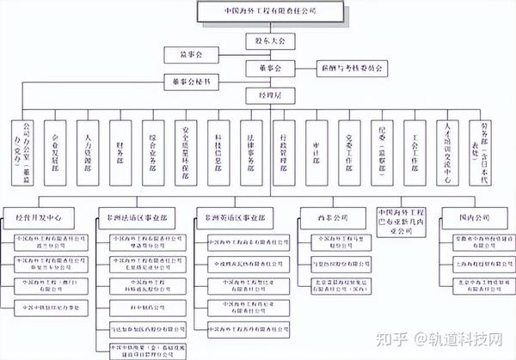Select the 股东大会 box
pyautogui.click(x=269, y=40)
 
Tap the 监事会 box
pyautogui.click(x=187, y=54)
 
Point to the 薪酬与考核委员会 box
pyautogui.click(x=344, y=66)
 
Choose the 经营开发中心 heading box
pyautogui.click(x=45, y=211)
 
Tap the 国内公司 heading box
pyautogui.click(x=470, y=211)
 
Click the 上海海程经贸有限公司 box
pyautogui.click(x=470, y=261)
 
